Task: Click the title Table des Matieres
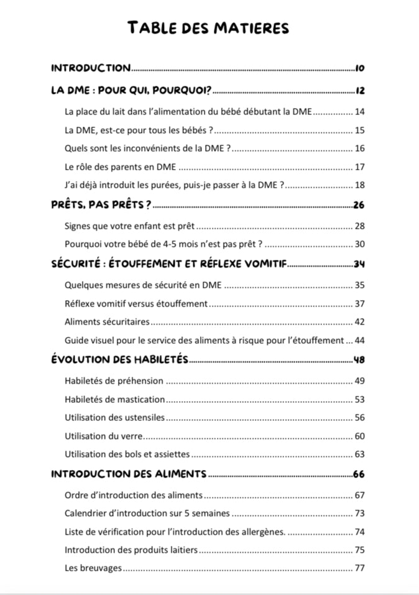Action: [208, 28]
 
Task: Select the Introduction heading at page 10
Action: [91, 68]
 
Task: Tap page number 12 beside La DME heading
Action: [359, 91]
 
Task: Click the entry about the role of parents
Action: [120, 167]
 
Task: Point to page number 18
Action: [359, 185]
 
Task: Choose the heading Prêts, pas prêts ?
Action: [101, 205]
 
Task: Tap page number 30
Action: [359, 244]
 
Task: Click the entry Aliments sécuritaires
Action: [107, 322]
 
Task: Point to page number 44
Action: [359, 340]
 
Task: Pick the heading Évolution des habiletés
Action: [119, 359]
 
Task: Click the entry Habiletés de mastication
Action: [114, 399]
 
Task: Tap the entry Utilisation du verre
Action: [104, 436]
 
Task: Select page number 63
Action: [359, 454]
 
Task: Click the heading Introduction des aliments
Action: [129, 474]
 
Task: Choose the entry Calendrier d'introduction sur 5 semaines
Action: [147, 514]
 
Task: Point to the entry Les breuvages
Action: [93, 568]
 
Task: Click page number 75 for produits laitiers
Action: [359, 550]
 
